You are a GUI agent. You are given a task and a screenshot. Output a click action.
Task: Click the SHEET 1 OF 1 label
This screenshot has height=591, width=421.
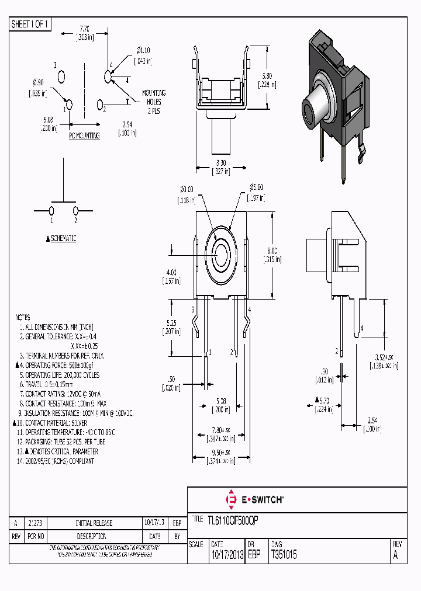click(x=30, y=25)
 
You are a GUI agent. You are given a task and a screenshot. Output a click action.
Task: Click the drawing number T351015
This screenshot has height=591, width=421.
click(x=284, y=555)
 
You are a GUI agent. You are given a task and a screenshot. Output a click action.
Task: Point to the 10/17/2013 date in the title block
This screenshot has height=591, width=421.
click(x=227, y=555)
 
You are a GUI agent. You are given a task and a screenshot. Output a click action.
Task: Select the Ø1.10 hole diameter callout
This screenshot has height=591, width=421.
click(x=143, y=50)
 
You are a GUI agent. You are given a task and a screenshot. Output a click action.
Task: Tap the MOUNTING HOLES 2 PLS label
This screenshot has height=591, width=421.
click(x=154, y=102)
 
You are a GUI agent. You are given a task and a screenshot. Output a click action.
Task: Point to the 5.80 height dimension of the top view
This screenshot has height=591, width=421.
click(x=266, y=76)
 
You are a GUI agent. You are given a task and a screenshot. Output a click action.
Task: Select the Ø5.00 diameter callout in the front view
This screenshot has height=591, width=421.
click(x=256, y=187)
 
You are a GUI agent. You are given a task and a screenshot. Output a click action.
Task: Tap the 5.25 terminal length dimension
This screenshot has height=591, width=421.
click(x=171, y=322)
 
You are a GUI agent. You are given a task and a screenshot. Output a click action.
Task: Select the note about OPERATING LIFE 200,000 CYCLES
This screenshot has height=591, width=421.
click(x=59, y=375)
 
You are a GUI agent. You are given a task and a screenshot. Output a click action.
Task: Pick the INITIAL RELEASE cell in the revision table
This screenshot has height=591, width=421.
click(x=94, y=523)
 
